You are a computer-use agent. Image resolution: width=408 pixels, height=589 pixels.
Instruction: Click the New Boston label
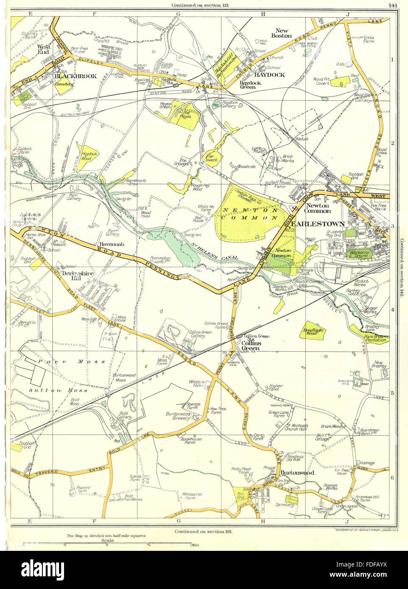coord(283,33)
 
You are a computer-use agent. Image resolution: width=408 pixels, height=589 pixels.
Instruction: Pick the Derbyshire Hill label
coord(78,275)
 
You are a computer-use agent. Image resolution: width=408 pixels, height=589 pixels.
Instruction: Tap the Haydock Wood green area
coord(87,155)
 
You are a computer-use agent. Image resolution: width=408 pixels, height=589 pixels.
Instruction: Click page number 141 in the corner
coord(392,6)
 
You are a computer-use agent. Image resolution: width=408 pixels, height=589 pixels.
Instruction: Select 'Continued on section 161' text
coord(204,531)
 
